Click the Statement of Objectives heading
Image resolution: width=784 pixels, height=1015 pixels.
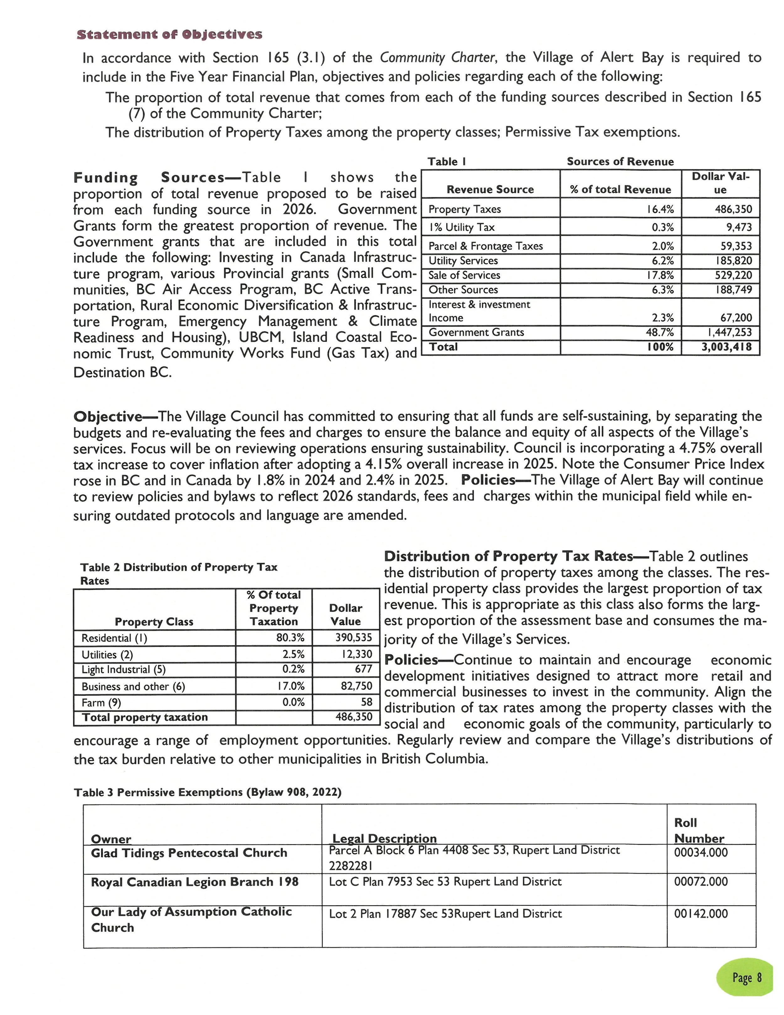pos(170,35)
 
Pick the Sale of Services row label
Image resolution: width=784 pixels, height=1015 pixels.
pos(464,275)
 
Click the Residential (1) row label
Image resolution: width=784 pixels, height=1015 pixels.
pos(114,638)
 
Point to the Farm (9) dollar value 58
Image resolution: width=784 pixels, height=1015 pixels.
pos(367,702)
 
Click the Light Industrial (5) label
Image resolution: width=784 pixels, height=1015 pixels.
pos(124,670)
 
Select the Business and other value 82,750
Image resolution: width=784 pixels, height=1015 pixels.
pos(356,686)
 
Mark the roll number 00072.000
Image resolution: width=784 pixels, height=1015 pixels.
pos(701,882)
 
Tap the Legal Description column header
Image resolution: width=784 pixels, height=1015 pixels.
pos(384,838)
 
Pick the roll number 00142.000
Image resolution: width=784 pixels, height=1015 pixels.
pos(701,914)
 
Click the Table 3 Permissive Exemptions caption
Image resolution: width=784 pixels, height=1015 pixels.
pos(207,792)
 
